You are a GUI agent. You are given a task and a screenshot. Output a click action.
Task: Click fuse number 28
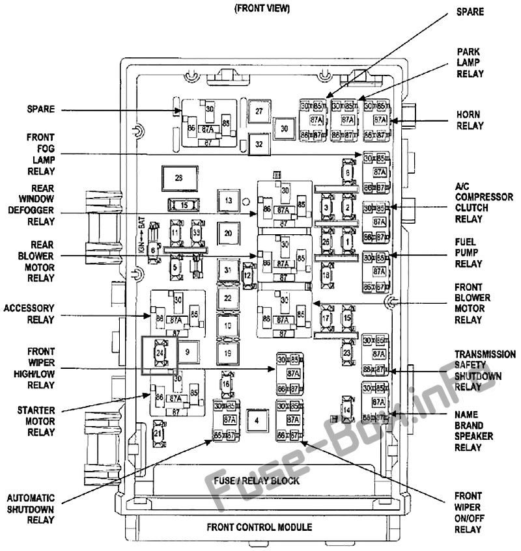tap(178, 178)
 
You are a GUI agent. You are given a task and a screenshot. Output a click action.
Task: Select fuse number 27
tap(259, 112)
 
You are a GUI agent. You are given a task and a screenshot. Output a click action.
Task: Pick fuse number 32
tap(259, 144)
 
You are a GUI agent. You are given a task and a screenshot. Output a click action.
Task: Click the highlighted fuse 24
tap(159, 352)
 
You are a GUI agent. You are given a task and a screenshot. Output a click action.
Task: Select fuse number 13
tap(228, 202)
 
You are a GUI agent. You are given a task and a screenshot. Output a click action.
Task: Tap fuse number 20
tap(228, 233)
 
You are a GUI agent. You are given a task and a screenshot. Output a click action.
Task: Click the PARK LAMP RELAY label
tap(470, 62)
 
